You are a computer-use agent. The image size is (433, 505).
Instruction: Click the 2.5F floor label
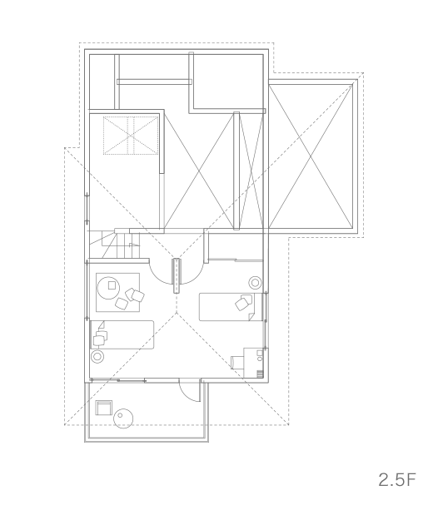(x=397, y=480)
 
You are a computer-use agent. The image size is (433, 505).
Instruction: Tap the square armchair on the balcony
(x=104, y=408)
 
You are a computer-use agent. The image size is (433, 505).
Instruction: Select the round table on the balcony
(x=123, y=418)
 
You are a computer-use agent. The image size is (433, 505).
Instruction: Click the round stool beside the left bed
(x=97, y=356)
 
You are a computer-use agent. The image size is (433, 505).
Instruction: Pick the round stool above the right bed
(x=255, y=283)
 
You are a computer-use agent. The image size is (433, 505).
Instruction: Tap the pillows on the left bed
(x=101, y=338)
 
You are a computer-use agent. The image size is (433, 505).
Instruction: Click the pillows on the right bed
(x=244, y=302)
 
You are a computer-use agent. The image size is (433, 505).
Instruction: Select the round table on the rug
(x=109, y=288)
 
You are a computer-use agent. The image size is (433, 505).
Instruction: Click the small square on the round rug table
(x=112, y=285)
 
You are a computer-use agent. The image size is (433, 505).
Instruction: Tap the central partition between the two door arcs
(x=177, y=275)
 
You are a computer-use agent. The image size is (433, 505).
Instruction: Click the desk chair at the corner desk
(x=237, y=363)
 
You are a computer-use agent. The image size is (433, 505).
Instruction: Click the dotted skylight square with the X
(x=131, y=136)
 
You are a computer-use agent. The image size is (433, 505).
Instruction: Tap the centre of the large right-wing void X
(x=311, y=156)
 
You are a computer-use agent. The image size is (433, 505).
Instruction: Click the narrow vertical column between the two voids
(x=236, y=171)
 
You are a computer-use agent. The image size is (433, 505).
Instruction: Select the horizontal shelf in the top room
(x=154, y=82)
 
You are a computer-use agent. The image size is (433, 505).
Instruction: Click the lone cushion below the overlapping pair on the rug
(x=122, y=304)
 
